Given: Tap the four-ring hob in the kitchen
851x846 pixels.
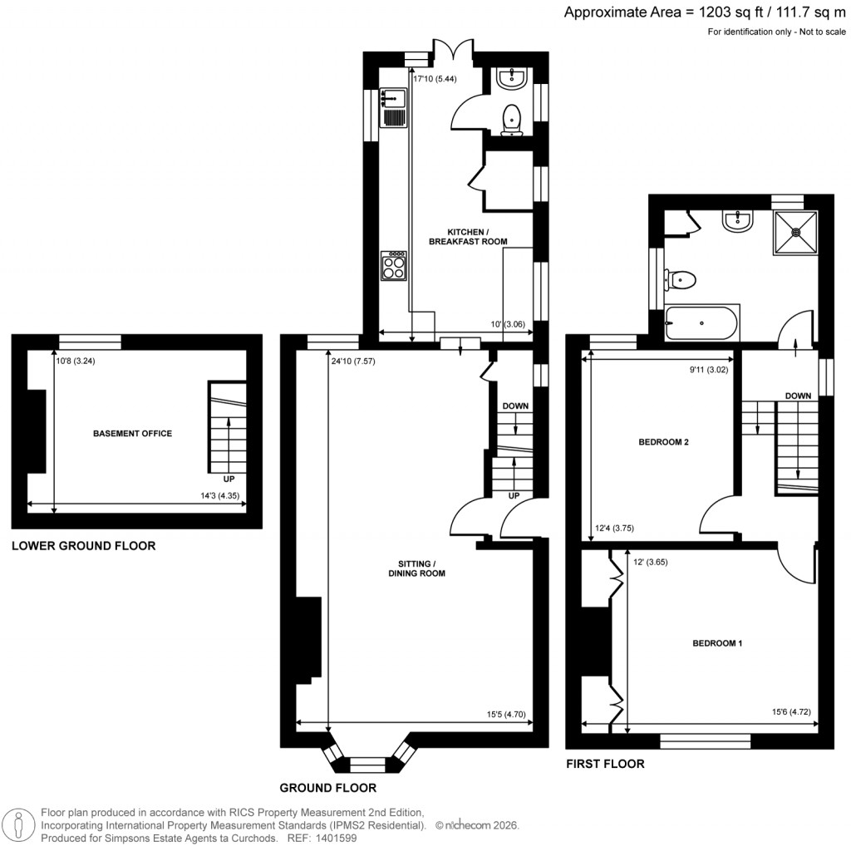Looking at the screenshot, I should [393, 265].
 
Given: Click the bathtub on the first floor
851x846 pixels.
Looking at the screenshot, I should [701, 322].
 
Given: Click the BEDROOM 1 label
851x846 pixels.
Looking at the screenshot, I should [717, 643].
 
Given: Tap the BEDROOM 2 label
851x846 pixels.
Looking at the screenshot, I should [663, 443].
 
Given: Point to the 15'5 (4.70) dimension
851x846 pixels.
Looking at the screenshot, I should [505, 714].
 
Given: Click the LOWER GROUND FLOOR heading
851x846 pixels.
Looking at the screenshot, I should [83, 546].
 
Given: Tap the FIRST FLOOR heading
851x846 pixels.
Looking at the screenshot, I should [605, 764].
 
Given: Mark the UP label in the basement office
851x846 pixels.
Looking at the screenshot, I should [227, 480].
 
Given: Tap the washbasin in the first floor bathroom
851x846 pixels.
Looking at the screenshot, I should [737, 220].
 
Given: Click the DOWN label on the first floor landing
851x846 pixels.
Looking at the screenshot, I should [798, 396].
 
